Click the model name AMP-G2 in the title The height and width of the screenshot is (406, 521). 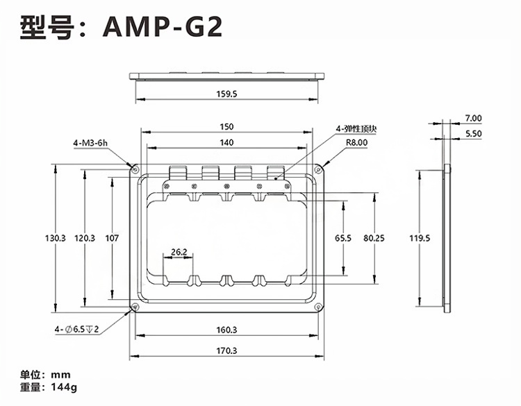click(162, 26)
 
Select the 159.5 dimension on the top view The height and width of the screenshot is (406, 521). click(226, 94)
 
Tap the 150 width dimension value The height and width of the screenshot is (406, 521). click(226, 126)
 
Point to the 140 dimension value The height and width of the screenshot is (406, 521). click(226, 142)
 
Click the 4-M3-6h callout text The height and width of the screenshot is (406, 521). click(90, 143)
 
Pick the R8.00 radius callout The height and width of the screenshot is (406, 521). click(356, 142)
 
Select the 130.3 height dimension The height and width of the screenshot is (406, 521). click(56, 238)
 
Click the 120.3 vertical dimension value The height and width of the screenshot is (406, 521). click(85, 238)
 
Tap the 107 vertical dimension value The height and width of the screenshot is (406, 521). click(112, 238)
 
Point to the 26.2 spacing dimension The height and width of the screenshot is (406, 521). click(179, 252)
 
